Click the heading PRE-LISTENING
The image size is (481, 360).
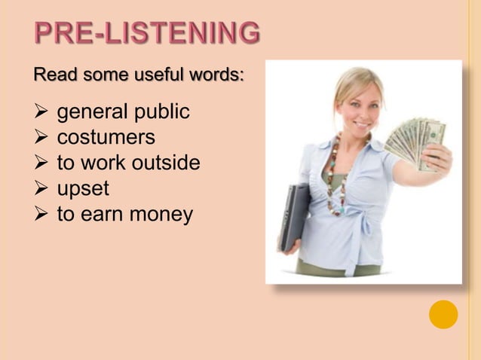tap(147, 34)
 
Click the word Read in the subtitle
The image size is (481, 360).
tap(55, 76)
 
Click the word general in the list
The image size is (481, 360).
tap(93, 114)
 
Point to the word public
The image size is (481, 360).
tap(161, 114)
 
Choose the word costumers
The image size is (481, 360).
tap(106, 139)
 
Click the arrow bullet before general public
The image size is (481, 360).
tap(43, 114)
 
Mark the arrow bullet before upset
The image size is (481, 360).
tap(43, 188)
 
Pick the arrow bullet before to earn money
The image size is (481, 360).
tap(43, 214)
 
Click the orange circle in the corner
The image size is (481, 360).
tap(443, 314)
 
